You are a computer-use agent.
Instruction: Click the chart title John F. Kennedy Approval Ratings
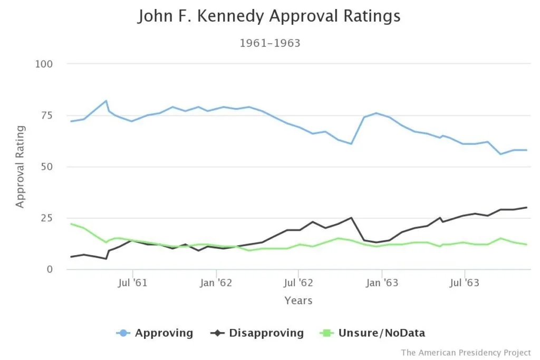coord(269,16)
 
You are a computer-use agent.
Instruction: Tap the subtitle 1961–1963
coord(270,43)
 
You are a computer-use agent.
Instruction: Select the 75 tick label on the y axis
coord(46,115)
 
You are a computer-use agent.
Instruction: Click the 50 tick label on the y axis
coord(46,167)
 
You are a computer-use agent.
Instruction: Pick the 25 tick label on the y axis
coord(46,218)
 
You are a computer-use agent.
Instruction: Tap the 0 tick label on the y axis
coord(50,269)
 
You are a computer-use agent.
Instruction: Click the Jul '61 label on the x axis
coord(132,283)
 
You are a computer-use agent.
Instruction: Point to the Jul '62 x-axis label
coord(298,283)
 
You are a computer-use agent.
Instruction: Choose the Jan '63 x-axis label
coord(381,283)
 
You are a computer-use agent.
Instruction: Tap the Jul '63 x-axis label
coord(464,283)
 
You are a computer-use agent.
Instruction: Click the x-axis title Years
coord(298,301)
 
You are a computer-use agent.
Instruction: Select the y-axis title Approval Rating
coord(20,167)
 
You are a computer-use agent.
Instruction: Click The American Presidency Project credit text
coord(466,352)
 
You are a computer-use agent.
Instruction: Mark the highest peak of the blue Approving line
coord(106,101)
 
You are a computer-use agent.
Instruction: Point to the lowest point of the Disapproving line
coord(106,259)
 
